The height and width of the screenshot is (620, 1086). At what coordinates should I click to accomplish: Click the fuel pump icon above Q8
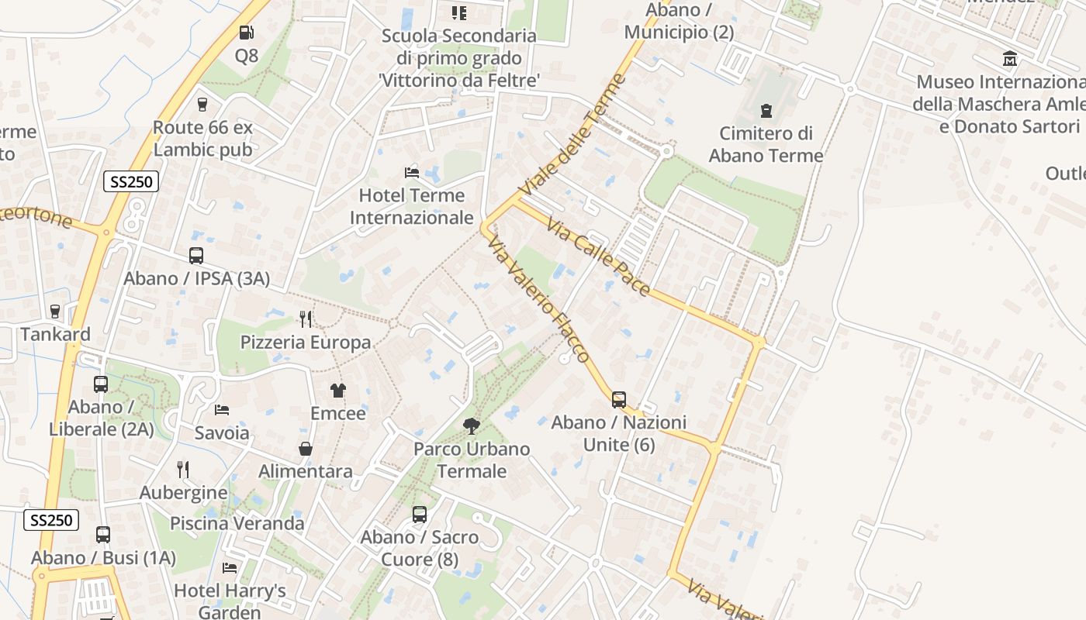pos(246,33)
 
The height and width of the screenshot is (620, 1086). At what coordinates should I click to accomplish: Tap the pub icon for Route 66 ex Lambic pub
pos(202,104)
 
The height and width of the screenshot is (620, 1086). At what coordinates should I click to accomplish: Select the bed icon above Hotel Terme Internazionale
pos(411,172)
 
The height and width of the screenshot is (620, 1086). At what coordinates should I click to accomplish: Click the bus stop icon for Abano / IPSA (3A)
pos(196,256)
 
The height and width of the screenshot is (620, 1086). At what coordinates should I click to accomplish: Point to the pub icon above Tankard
pos(54,312)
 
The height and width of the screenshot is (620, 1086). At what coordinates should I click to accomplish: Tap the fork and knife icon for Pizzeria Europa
pos(306,319)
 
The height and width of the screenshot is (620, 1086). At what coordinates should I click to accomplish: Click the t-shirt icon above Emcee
pos(338,391)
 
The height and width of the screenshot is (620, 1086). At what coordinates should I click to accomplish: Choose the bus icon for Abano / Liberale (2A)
pos(101,384)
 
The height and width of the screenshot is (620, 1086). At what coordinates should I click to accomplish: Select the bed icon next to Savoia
pos(222,409)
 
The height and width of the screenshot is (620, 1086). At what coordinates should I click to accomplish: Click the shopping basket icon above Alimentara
pos(306,449)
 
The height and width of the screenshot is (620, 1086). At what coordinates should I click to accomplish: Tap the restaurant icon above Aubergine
pos(183,469)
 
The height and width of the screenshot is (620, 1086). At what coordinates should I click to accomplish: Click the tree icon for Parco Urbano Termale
pos(471,425)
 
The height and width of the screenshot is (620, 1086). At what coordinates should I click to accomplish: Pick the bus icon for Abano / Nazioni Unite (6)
pos(618,400)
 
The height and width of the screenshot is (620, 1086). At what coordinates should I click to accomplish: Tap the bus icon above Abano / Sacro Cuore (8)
pos(420,514)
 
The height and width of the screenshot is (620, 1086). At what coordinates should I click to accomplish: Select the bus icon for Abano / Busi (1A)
pos(103,535)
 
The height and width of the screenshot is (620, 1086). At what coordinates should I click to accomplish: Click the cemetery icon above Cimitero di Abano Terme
pos(766,111)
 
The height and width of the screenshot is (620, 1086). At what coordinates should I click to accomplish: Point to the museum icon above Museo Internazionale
pos(1010,59)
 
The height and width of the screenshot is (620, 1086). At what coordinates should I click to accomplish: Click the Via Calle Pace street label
pos(598,257)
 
